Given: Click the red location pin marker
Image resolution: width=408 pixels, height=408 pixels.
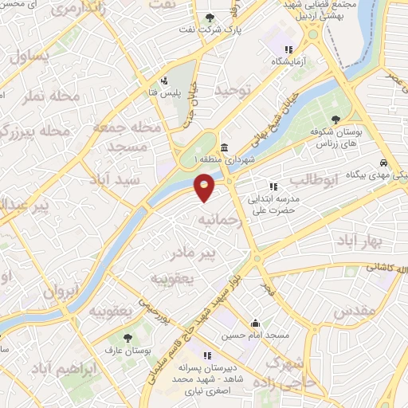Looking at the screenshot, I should click(x=205, y=187).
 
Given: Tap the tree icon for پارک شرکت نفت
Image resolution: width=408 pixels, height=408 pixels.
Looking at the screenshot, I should click(x=210, y=18).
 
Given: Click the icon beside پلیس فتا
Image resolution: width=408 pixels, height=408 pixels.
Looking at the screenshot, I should click(x=164, y=80).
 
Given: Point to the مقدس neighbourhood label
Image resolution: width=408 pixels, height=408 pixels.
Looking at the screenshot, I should click(x=349, y=312).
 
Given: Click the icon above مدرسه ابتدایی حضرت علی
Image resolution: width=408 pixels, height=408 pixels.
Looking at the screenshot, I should click(x=273, y=186).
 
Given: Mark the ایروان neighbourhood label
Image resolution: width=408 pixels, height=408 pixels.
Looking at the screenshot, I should click(x=62, y=291).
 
